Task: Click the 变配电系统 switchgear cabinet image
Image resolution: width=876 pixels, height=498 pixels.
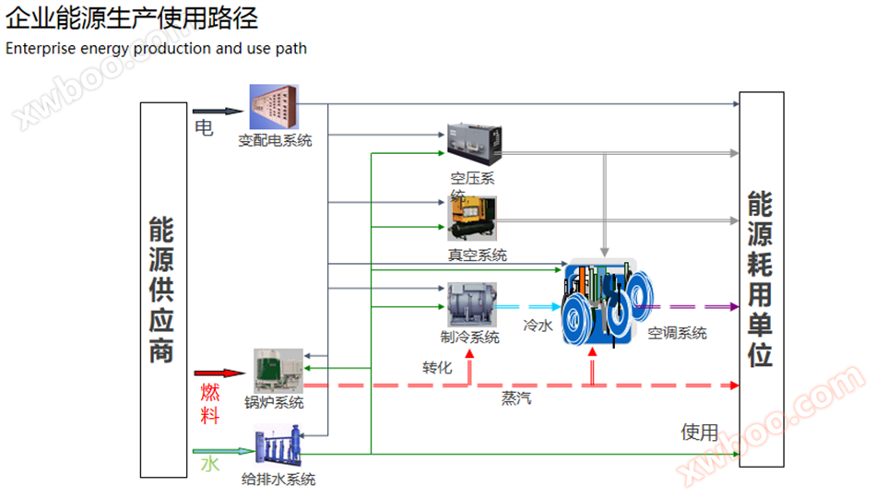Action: point(274,107)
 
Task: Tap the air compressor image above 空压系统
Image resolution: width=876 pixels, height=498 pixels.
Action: point(474,144)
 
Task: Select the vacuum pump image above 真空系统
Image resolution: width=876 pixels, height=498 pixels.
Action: point(471,219)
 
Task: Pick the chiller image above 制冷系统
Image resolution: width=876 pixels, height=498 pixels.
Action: point(471,304)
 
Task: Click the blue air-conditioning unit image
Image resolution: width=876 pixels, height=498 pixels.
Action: point(607,302)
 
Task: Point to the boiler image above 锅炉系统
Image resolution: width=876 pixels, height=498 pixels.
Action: point(278,371)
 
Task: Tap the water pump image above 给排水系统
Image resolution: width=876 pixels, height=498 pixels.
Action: point(278,445)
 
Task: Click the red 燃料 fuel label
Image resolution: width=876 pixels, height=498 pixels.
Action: point(210,404)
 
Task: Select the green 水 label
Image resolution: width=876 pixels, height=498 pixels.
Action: point(210,464)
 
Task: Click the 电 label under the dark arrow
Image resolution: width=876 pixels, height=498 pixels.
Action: point(204,128)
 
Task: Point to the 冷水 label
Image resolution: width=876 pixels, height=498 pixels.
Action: point(538,326)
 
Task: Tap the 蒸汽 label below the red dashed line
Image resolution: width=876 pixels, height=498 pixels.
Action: point(516,398)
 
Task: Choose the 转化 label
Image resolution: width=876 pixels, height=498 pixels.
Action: point(437,367)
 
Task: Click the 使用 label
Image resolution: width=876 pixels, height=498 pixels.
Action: point(699,432)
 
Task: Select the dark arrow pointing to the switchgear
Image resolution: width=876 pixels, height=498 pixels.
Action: point(218,112)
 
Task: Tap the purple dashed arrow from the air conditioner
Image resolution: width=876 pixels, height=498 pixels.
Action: point(687,306)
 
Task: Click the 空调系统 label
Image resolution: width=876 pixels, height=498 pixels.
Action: point(677,333)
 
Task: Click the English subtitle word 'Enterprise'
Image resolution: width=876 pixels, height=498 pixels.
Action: point(41,49)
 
